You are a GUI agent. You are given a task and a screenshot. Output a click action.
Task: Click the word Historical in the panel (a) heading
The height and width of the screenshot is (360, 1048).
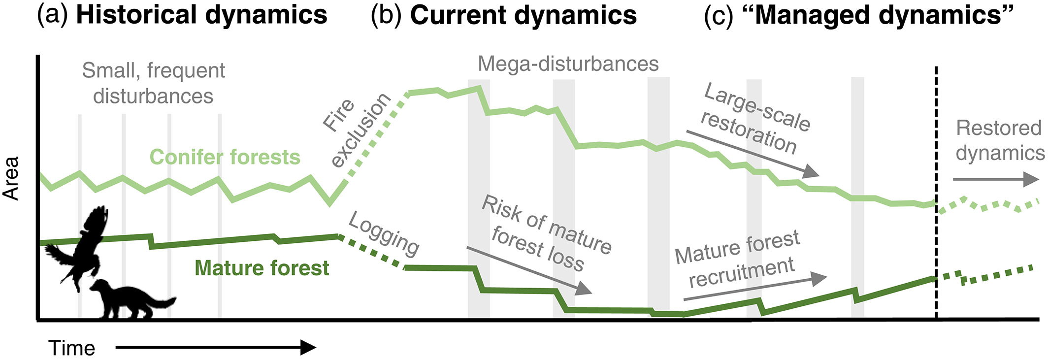click(x=136, y=15)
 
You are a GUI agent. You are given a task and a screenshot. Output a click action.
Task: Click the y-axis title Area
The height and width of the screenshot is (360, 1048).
click(x=11, y=178)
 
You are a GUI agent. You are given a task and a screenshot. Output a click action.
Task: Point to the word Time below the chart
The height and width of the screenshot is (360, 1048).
click(x=72, y=348)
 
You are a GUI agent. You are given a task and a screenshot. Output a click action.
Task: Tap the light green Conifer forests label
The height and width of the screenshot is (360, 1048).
click(x=225, y=157)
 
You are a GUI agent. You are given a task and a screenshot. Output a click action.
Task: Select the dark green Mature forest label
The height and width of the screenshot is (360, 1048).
click(x=262, y=268)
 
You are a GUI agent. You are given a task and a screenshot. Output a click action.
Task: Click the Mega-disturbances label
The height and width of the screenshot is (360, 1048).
click(x=568, y=64)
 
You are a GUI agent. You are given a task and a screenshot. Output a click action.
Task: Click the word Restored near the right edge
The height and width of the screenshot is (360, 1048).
click(x=998, y=128)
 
